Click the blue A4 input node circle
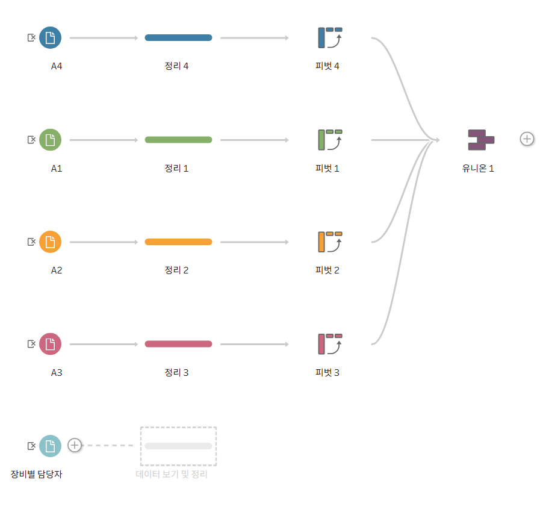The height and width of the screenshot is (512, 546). click(x=50, y=37)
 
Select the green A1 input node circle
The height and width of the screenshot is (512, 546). click(x=50, y=140)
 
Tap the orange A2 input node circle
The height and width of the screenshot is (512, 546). click(x=50, y=242)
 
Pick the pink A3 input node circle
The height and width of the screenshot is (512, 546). click(x=50, y=344)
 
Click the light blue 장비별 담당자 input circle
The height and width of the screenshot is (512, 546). click(x=50, y=446)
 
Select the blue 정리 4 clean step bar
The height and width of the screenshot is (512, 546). click(x=178, y=37)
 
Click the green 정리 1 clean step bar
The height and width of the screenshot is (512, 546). click(x=178, y=140)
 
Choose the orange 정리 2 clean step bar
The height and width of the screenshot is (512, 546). click(x=178, y=242)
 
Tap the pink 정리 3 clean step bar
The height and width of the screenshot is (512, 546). click(x=178, y=344)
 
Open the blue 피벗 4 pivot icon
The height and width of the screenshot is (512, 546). click(x=330, y=37)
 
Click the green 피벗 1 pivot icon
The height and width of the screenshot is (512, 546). click(x=330, y=140)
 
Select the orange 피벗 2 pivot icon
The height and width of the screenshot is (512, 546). click(x=330, y=242)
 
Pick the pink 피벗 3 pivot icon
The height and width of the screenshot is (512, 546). click(x=330, y=344)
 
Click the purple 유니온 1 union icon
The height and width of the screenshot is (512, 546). click(x=481, y=140)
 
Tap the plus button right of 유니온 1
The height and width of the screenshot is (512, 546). click(x=527, y=139)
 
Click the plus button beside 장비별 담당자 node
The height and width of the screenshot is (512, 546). click(x=75, y=445)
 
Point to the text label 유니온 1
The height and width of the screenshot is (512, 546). click(x=478, y=169)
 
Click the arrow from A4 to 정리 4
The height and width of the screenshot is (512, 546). click(x=104, y=37)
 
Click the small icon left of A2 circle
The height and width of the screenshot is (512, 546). click(x=31, y=242)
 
